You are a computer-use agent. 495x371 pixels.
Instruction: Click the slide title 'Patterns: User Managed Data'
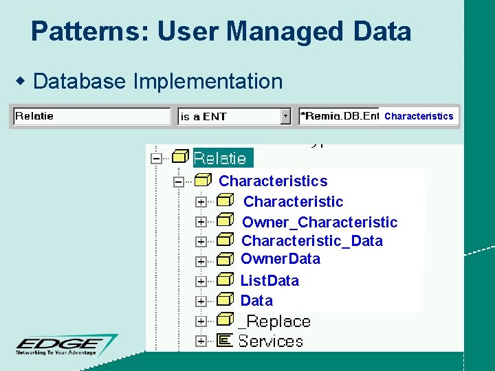click(x=221, y=32)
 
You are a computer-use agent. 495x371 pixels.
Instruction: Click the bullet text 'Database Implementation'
click(x=157, y=81)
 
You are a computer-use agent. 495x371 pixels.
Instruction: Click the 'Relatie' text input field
click(x=92, y=116)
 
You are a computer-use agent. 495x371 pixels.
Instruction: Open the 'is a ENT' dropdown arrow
click(x=286, y=116)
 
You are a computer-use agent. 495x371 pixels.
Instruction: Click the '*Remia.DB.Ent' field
click(x=339, y=116)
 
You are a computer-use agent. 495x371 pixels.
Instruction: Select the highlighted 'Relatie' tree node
click(x=220, y=158)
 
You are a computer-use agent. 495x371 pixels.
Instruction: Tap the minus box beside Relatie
click(x=157, y=158)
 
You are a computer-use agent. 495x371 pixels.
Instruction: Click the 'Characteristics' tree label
click(x=273, y=181)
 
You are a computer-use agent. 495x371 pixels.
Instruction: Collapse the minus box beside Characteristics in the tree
click(x=179, y=182)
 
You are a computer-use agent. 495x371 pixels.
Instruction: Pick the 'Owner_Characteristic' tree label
click(x=320, y=222)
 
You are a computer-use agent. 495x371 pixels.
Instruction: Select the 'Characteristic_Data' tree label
click(x=312, y=241)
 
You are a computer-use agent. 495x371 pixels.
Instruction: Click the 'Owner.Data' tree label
click(x=280, y=259)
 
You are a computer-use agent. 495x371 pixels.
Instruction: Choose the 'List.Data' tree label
click(x=269, y=280)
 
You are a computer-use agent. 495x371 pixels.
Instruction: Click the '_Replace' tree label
click(x=274, y=321)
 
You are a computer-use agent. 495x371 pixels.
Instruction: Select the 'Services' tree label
click(x=270, y=341)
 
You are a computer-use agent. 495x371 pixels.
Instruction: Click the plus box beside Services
click(x=201, y=341)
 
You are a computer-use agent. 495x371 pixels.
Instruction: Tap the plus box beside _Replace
click(x=201, y=321)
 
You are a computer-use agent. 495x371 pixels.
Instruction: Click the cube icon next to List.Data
click(x=225, y=280)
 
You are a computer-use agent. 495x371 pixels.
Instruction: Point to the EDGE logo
click(x=67, y=344)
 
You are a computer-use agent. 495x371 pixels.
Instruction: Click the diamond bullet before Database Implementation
click(x=21, y=82)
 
